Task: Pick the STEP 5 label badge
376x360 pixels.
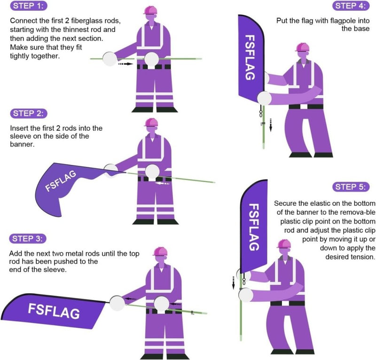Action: (x=351, y=187)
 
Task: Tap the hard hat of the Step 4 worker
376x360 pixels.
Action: (x=302, y=47)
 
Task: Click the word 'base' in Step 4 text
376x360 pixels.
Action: (x=361, y=29)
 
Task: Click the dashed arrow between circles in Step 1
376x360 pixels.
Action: (x=125, y=63)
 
